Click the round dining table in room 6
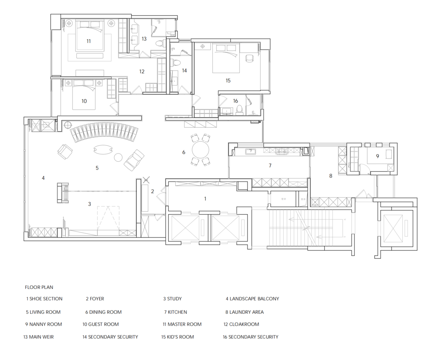point(200,150)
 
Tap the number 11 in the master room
point(89,41)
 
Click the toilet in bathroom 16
point(239,110)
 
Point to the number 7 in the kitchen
point(270,165)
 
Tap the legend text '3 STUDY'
point(172,299)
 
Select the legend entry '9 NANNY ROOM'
point(44,324)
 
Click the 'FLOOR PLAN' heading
point(39,287)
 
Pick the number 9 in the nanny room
point(377,156)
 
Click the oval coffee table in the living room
point(103,150)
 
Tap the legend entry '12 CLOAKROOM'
point(241,324)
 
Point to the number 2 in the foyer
point(152,191)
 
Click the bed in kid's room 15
point(226,58)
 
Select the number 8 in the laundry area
point(331,176)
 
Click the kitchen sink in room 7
point(250,152)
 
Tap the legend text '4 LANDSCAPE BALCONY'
point(252,299)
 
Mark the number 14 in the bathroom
point(184,71)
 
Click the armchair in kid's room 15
point(249,58)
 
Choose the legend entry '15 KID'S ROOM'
point(178,337)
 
